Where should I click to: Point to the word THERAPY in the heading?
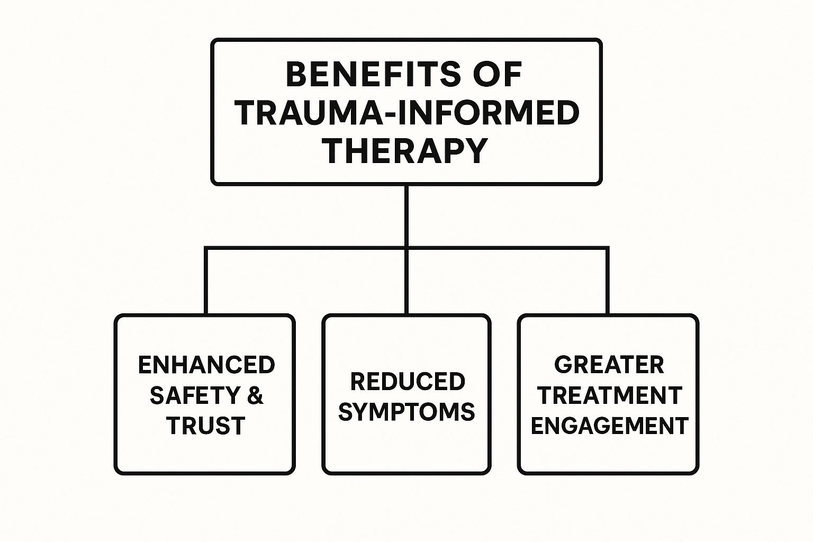405,150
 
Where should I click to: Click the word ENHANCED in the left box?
206,365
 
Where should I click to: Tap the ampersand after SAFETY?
255,395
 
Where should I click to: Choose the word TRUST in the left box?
206,426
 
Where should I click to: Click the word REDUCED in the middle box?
408,382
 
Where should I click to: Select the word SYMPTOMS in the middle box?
406,412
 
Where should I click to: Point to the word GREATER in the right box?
609,365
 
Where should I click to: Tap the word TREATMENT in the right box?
609,395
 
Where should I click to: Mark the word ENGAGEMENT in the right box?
609,426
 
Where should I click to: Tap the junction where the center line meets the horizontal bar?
406,247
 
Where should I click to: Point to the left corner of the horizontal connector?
206,248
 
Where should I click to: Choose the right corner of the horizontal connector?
607,248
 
